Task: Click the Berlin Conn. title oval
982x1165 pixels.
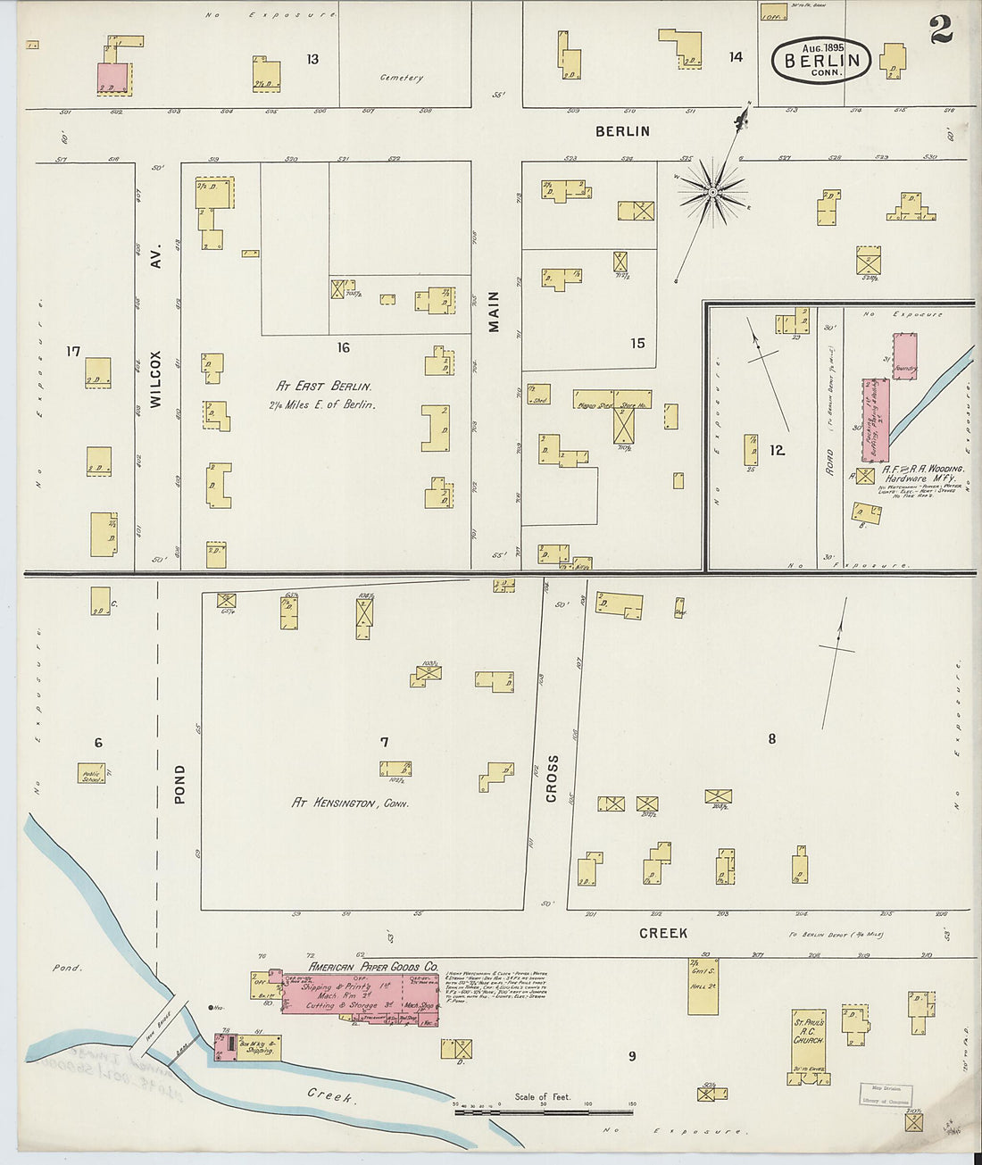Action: point(820,61)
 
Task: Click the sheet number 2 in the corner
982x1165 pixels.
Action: point(940,31)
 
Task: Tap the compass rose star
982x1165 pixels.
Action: point(712,191)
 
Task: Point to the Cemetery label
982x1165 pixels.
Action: point(402,79)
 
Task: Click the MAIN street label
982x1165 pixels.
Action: point(494,312)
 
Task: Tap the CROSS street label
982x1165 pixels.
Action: point(552,778)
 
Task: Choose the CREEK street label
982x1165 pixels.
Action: point(663,933)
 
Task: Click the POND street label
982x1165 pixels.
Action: point(180,784)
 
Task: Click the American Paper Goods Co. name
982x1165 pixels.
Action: point(373,967)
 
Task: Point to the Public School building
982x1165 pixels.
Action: point(92,774)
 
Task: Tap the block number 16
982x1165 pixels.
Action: point(344,348)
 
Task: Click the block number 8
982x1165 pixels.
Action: point(772,738)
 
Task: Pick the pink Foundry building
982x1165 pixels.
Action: point(905,357)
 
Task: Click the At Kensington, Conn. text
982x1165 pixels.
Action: point(350,803)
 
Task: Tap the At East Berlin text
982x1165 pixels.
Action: point(323,387)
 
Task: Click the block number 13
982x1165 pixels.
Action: point(312,60)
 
